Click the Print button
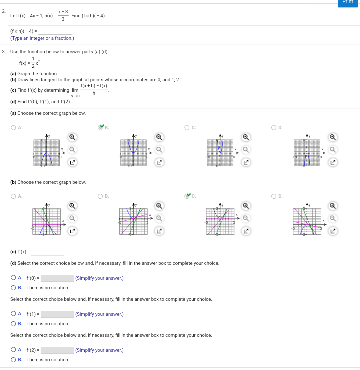348,2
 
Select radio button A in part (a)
13,127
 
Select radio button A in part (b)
13,196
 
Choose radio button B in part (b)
100,196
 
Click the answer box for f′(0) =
57,278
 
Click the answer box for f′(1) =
57,314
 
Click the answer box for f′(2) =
57,350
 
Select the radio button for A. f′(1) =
13,314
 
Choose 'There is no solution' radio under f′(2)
13,360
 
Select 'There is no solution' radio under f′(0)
13,288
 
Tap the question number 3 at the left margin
3,51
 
